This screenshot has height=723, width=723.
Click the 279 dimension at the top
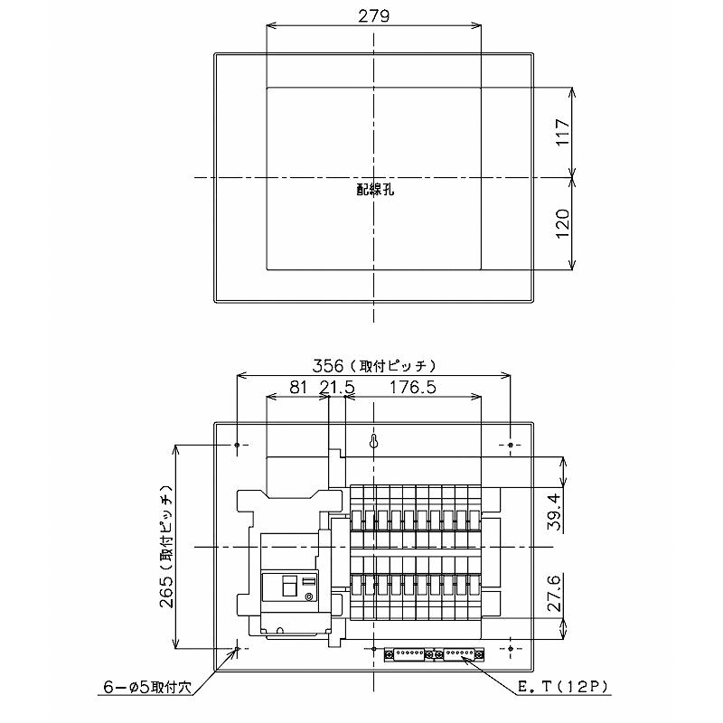[373, 17]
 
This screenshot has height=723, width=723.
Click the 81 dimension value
[296, 387]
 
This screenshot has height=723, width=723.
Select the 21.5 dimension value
[335, 387]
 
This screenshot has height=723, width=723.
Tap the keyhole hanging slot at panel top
[374, 443]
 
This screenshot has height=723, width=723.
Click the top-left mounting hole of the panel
[237, 446]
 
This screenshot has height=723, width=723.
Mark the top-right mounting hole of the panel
[511, 446]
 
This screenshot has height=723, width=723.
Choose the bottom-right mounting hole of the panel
[511, 649]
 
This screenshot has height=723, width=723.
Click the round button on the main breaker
[308, 597]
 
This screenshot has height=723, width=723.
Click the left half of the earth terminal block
[408, 653]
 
